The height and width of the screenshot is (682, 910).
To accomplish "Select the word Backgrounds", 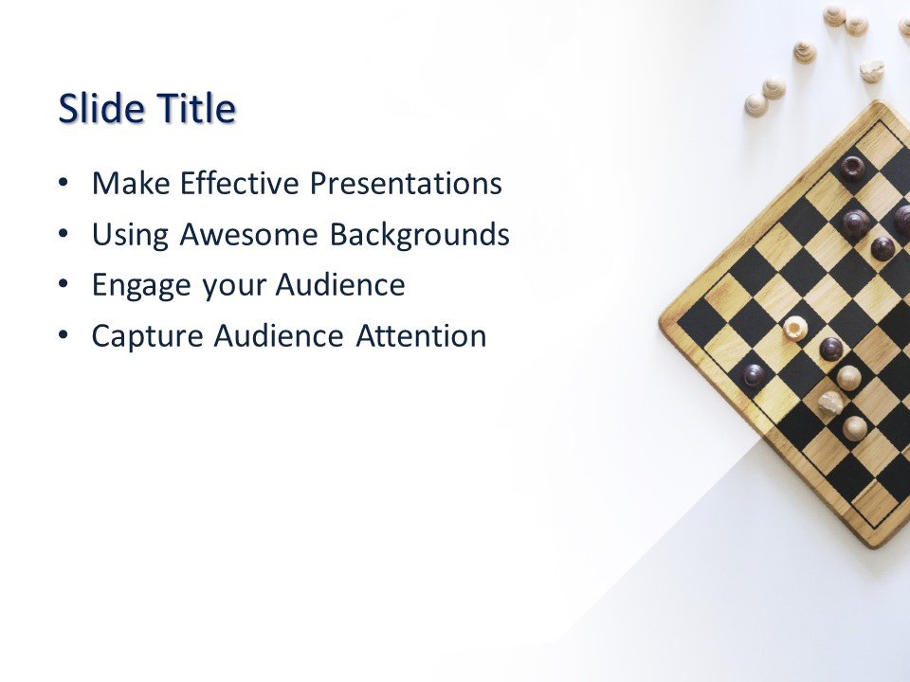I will click(x=420, y=235).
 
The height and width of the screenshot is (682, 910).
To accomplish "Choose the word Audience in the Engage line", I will click(x=341, y=286).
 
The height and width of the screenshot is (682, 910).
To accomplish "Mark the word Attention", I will click(x=421, y=336).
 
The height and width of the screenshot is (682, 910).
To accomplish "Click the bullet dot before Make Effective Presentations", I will click(x=64, y=183).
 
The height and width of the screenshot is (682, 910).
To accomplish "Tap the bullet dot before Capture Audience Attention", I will click(x=64, y=335).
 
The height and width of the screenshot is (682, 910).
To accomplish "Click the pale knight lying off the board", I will click(x=872, y=71).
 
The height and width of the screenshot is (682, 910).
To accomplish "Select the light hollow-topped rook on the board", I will click(x=795, y=329).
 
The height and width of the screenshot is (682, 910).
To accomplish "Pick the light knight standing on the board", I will click(x=830, y=403).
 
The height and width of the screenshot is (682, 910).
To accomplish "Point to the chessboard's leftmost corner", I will click(x=662, y=322).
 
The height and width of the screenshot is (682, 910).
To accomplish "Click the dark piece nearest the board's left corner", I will click(x=755, y=375).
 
